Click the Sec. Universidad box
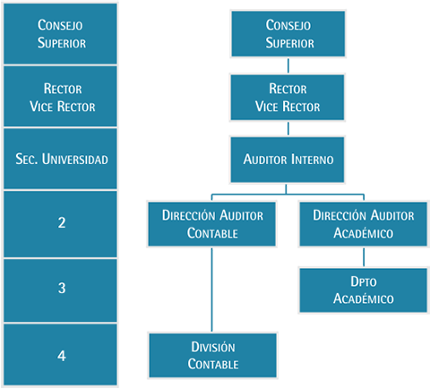[60, 159]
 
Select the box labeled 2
[60, 224]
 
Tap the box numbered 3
[60, 290]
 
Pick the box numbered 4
[60, 354]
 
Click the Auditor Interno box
[288, 160]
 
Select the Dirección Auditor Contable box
[212, 224]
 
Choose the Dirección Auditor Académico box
[364, 224]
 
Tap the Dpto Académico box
[364, 290]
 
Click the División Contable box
[213, 356]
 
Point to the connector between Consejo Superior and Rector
[288, 65]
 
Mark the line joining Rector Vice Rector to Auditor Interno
[288, 128]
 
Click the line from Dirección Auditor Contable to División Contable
[212, 290]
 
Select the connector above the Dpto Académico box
[364, 257]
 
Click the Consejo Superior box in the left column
[60, 33]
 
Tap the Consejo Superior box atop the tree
[288, 34]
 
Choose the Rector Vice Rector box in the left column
[60, 96]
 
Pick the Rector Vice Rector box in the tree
[288, 98]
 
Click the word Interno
[312, 160]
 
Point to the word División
[213, 347]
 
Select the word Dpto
[364, 281]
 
